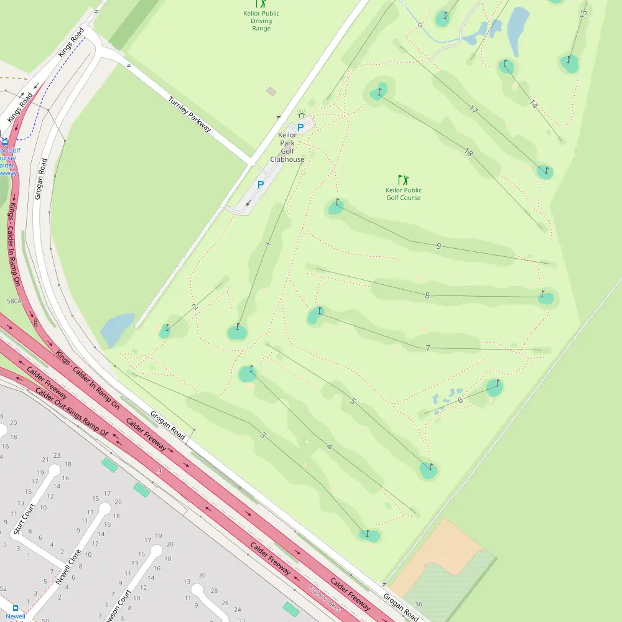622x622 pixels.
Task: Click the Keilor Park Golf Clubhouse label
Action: (x=287, y=147)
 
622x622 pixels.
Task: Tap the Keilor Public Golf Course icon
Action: (x=403, y=180)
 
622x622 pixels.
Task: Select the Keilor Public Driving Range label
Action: (x=261, y=21)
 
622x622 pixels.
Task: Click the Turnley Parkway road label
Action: (x=190, y=114)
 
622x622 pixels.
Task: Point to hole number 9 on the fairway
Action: (x=439, y=246)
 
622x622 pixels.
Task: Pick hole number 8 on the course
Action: (x=427, y=295)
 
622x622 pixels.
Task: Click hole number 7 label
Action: (x=428, y=348)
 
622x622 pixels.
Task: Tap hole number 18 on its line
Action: (x=468, y=152)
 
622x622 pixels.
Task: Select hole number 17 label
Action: (x=473, y=109)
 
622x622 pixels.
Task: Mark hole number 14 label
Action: (x=533, y=104)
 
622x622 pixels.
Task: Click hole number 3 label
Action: (x=262, y=435)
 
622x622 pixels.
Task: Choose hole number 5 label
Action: (x=353, y=401)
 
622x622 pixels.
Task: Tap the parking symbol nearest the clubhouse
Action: (x=300, y=128)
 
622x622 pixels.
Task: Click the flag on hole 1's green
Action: (x=238, y=326)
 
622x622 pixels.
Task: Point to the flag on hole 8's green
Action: (x=542, y=293)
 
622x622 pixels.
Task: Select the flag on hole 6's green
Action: (x=498, y=383)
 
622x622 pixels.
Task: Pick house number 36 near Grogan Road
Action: (x=419, y=604)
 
